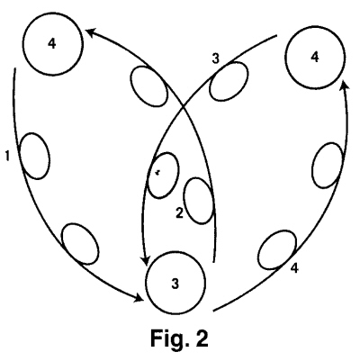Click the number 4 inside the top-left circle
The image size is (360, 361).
point(52,44)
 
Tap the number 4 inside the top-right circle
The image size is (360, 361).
point(315,57)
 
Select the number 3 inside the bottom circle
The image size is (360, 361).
point(175,284)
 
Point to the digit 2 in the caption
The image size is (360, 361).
point(202,338)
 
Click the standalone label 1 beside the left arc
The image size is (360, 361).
point(8,156)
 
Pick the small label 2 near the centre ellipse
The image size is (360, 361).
point(179,213)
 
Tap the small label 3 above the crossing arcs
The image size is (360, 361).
point(216,59)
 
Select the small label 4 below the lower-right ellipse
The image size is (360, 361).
point(295,268)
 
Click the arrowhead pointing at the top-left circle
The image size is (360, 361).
point(91,32)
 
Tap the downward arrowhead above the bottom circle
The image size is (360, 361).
point(146,260)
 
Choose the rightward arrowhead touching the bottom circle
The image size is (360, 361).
point(139,298)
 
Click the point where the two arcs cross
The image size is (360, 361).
point(183,107)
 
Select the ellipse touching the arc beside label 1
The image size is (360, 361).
point(35,156)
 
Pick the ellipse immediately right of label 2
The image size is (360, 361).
point(200,201)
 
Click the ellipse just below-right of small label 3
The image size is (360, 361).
point(229,81)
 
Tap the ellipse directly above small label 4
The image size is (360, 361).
point(277,249)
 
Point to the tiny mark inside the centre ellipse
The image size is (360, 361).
point(157,172)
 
